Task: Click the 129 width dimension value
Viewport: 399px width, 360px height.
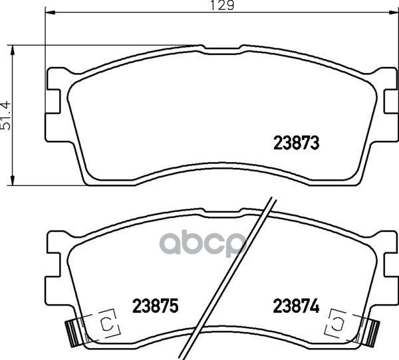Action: click(x=222, y=5)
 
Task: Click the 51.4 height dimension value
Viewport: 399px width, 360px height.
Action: click(x=6, y=116)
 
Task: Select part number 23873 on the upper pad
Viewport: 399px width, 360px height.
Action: click(x=296, y=143)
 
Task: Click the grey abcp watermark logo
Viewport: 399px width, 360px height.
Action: click(x=203, y=244)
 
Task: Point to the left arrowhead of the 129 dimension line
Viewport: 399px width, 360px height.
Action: click(x=50, y=12)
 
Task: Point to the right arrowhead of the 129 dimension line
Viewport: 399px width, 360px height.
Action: click(x=393, y=12)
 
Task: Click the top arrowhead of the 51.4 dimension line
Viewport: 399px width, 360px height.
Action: click(x=12, y=50)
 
